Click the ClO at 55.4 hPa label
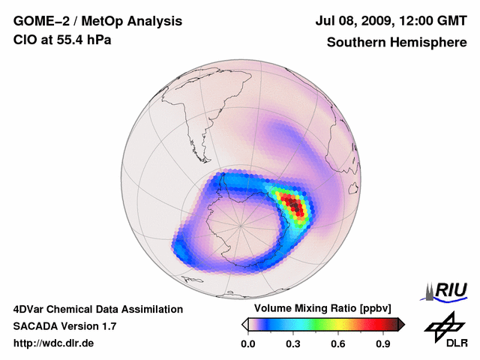click(x=62, y=40)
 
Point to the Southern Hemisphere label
click(x=396, y=42)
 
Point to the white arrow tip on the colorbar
click(x=244, y=324)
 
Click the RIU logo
click(x=447, y=290)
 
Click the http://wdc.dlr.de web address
click(x=54, y=343)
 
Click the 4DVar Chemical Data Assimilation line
click(x=97, y=309)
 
